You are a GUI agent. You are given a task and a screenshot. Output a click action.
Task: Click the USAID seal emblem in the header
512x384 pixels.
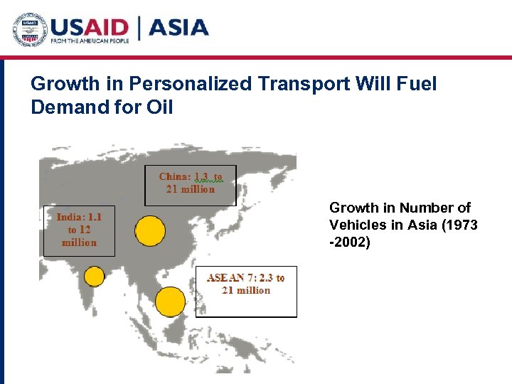tap(29, 29)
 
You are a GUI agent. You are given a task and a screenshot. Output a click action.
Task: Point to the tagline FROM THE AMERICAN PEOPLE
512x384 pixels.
tap(89, 42)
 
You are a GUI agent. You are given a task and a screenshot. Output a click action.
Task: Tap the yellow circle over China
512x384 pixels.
tap(149, 230)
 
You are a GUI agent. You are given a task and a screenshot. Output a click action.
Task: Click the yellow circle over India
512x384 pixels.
tap(94, 276)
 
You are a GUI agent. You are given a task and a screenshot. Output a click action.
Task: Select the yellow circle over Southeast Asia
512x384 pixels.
tap(170, 302)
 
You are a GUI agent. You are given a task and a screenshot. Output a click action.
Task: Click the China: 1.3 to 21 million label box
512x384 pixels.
tap(190, 183)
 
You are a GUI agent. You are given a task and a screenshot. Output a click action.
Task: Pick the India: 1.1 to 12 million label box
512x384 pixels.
tap(79, 230)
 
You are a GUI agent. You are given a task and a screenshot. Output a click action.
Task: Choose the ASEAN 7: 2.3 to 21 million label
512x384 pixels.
tap(245, 284)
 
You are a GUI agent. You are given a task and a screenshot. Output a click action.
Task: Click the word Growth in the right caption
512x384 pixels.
tap(353, 208)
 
